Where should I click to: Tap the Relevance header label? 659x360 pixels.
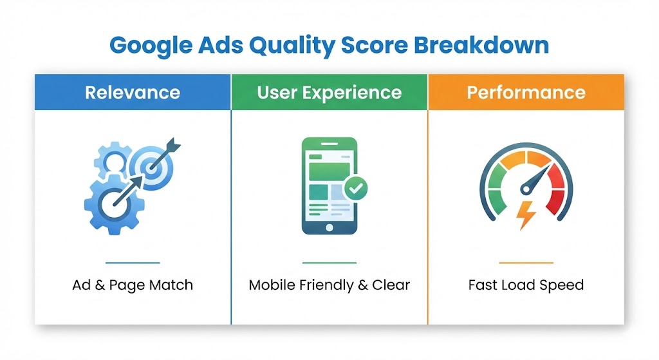(132, 92)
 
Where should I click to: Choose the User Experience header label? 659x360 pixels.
(329, 92)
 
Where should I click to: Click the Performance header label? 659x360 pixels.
(526, 92)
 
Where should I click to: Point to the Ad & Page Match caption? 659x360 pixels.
(132, 285)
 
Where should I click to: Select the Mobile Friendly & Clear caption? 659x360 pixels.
(329, 285)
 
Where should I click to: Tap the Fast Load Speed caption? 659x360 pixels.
(526, 285)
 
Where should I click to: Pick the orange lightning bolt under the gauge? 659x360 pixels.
(527, 215)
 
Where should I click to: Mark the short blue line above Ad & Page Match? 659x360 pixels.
(132, 263)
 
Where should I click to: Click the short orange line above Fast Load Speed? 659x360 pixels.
(526, 263)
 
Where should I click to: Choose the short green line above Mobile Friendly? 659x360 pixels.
(329, 263)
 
